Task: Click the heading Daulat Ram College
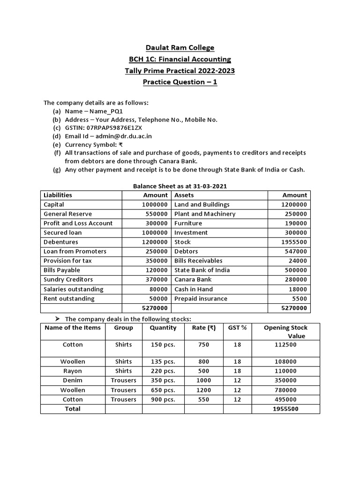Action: tap(180, 47)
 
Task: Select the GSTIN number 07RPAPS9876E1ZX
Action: tap(115, 127)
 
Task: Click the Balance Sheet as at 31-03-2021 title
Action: tap(180, 186)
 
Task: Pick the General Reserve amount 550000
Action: tap(155, 214)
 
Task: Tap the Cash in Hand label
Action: tap(193, 289)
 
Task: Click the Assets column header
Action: tap(184, 195)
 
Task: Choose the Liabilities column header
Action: tap(58, 195)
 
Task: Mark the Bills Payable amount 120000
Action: tap(155, 270)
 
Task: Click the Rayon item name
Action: tap(73, 371)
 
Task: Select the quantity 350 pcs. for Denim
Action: tap(163, 380)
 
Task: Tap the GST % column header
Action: tap(237, 328)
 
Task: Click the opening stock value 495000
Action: tap(285, 399)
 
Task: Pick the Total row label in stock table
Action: tap(73, 409)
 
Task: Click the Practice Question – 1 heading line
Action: tap(180, 82)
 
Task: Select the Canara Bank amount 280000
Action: tap(295, 279)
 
